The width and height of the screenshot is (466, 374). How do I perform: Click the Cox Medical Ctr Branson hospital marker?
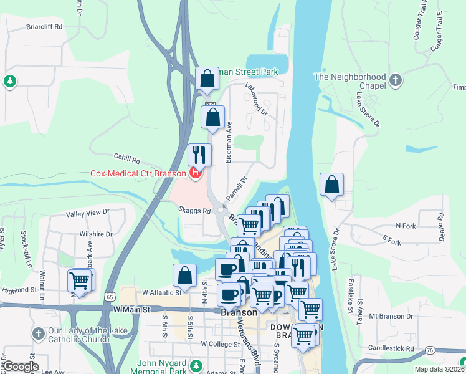(x=196, y=173)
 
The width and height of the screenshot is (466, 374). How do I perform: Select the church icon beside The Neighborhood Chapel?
(x=395, y=80)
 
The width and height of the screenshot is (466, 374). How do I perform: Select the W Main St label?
(x=132, y=309)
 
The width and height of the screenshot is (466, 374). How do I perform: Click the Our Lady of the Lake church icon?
(x=38, y=334)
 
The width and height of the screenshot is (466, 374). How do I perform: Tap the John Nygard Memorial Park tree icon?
(x=197, y=365)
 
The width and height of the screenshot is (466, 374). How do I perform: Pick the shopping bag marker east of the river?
(x=332, y=185)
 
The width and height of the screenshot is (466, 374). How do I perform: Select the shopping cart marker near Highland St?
(x=80, y=280)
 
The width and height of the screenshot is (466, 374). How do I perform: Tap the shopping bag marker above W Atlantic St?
(x=184, y=276)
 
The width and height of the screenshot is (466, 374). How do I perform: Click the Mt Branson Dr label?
(x=391, y=316)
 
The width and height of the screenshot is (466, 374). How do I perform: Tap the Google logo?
(x=21, y=367)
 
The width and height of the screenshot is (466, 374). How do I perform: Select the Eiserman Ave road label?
(x=229, y=134)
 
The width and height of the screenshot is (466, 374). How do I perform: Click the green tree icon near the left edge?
(x=9, y=81)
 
